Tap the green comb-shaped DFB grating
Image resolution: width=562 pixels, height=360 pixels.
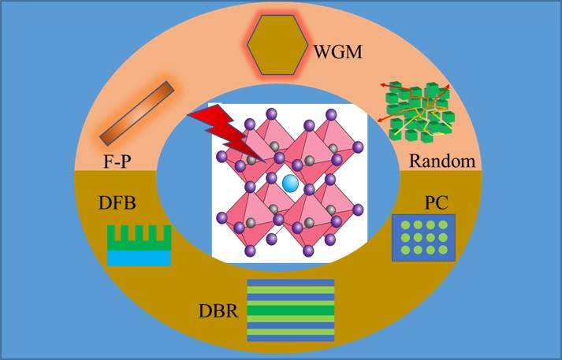139,240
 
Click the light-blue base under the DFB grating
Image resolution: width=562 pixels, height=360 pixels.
139,258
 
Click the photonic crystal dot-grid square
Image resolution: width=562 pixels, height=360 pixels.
423,238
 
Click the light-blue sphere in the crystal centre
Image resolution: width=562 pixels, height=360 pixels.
291,184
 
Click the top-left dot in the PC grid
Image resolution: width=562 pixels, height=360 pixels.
405,226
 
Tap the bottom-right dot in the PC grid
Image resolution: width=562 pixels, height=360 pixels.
442,250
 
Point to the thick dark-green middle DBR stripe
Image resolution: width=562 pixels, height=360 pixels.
290,310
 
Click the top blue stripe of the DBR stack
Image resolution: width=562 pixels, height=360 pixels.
290,283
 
